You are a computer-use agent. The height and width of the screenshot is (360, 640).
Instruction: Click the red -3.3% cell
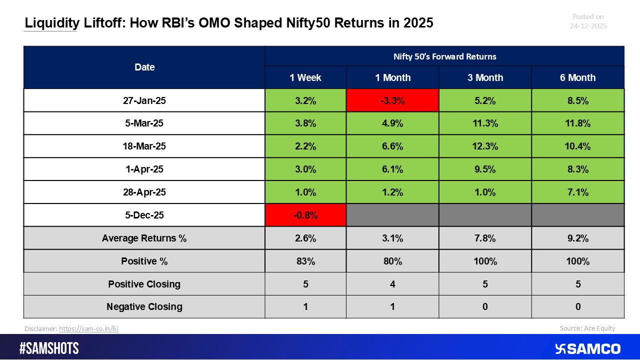[x=392, y=100]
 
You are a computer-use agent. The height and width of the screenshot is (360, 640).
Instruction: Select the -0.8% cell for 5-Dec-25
[x=305, y=215]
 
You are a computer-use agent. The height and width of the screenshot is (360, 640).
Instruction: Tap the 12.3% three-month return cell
[x=484, y=146]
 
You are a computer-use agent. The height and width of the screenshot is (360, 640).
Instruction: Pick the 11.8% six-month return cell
[x=577, y=123]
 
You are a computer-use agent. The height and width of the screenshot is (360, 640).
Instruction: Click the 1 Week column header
[x=305, y=77]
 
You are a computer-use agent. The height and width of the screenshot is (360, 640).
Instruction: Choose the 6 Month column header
[x=577, y=77]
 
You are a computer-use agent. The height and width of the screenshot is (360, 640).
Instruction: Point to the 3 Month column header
[x=484, y=77]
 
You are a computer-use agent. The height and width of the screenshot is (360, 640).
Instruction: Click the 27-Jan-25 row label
[x=144, y=100]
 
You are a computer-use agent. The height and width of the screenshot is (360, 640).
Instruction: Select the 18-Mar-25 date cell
[x=144, y=146]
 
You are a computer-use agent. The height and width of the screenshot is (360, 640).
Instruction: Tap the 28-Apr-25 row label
[x=144, y=192]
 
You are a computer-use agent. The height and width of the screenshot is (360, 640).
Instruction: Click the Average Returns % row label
[x=144, y=238]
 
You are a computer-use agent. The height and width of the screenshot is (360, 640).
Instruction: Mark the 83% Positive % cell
[x=305, y=261]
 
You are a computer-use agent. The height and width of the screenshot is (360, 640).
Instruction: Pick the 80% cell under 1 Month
[x=392, y=261]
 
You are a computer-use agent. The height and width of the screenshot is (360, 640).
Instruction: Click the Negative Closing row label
[x=144, y=306]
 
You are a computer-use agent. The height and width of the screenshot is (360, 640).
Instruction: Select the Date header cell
[x=144, y=67]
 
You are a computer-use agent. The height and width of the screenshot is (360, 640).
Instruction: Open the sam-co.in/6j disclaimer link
[x=88, y=329]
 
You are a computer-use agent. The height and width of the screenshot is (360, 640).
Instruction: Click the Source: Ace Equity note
[x=587, y=328]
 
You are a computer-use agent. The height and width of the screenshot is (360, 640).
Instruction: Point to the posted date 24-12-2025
[x=588, y=26]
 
